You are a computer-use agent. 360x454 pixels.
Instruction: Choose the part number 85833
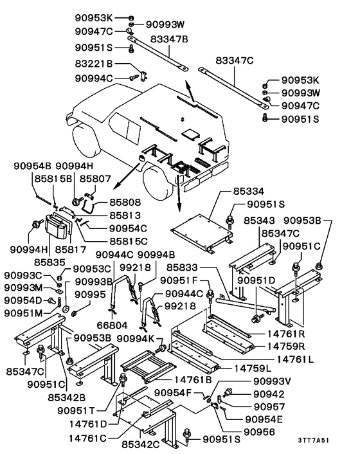pyautogui.click(x=184, y=267)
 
